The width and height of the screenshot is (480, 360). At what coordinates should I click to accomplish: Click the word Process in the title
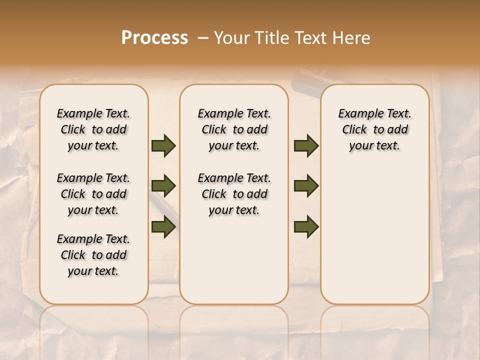click(154, 38)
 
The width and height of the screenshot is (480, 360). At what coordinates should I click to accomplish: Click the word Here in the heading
click(351, 38)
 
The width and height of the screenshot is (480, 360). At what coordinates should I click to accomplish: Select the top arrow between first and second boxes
click(163, 146)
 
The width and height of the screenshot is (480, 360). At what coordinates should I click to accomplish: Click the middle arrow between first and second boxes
click(163, 186)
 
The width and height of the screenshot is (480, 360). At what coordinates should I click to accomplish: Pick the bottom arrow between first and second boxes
click(163, 227)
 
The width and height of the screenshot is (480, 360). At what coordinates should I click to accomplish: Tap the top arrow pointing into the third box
click(306, 146)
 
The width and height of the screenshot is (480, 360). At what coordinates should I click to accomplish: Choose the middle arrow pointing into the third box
click(306, 186)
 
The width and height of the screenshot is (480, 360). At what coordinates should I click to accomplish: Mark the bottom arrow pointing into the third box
click(306, 227)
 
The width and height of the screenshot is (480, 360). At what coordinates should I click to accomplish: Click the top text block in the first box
click(93, 129)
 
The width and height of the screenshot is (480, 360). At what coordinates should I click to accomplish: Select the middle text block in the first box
click(93, 194)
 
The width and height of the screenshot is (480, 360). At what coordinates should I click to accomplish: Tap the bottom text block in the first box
click(93, 255)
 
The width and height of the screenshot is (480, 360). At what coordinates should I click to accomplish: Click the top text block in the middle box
click(234, 129)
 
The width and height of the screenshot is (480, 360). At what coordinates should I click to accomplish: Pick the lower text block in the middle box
click(234, 194)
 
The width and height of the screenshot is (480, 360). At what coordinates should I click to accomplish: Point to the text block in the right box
click(374, 129)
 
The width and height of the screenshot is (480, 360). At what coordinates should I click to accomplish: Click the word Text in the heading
click(309, 38)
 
